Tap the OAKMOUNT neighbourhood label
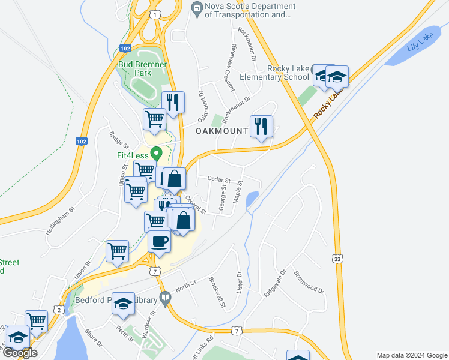(x=221, y=131)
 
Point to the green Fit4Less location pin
(x=157, y=154)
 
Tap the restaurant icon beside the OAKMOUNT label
(x=261, y=127)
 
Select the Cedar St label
(x=219, y=179)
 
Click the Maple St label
(x=238, y=191)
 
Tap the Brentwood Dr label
(x=309, y=282)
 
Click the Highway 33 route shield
(x=339, y=257)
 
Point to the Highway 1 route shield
(x=156, y=13)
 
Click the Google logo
(x=20, y=353)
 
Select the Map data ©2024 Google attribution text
(x=411, y=355)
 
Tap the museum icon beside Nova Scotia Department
(x=196, y=7)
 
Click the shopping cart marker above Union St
(x=117, y=252)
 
